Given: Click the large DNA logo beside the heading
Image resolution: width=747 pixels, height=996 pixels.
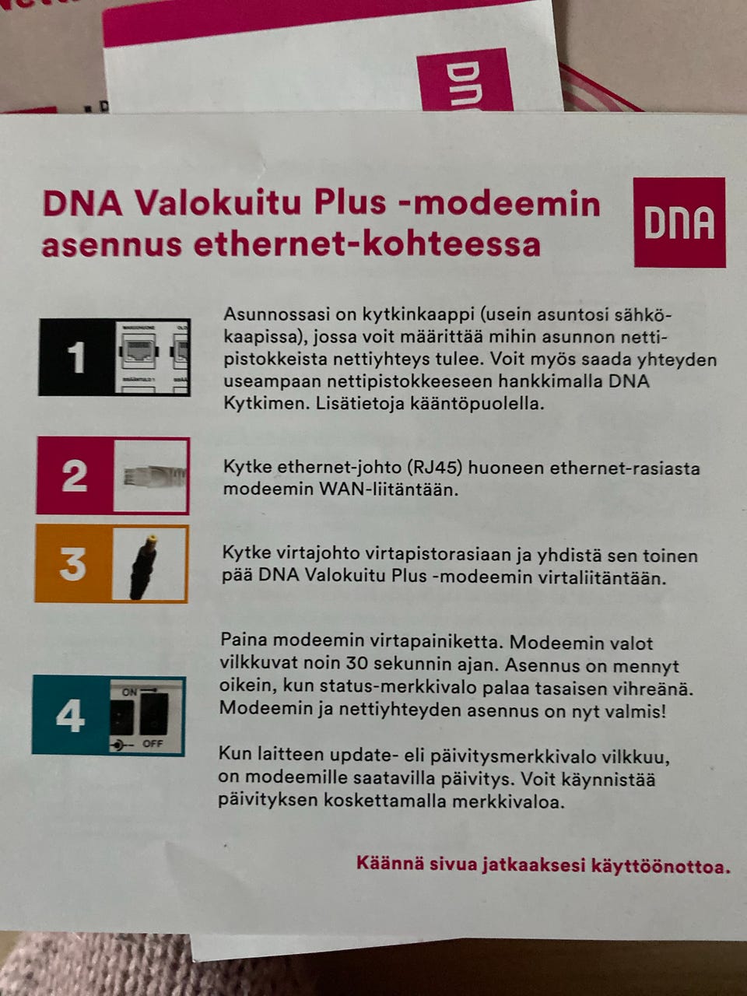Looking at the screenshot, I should point(679,222).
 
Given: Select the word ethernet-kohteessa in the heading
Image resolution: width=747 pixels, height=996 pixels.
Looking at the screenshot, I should point(366,244).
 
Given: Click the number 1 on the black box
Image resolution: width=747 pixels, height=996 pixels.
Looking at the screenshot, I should point(76,358).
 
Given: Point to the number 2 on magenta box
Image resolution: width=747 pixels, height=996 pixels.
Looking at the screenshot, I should point(75,475).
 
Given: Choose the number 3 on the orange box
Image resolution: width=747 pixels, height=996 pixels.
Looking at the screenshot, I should point(73,563).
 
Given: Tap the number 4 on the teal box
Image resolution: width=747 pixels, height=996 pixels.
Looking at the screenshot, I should point(70,715).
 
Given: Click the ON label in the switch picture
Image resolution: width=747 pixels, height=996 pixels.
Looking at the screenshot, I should point(129,692).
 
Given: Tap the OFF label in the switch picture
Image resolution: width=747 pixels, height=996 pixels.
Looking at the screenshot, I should point(153,744).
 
